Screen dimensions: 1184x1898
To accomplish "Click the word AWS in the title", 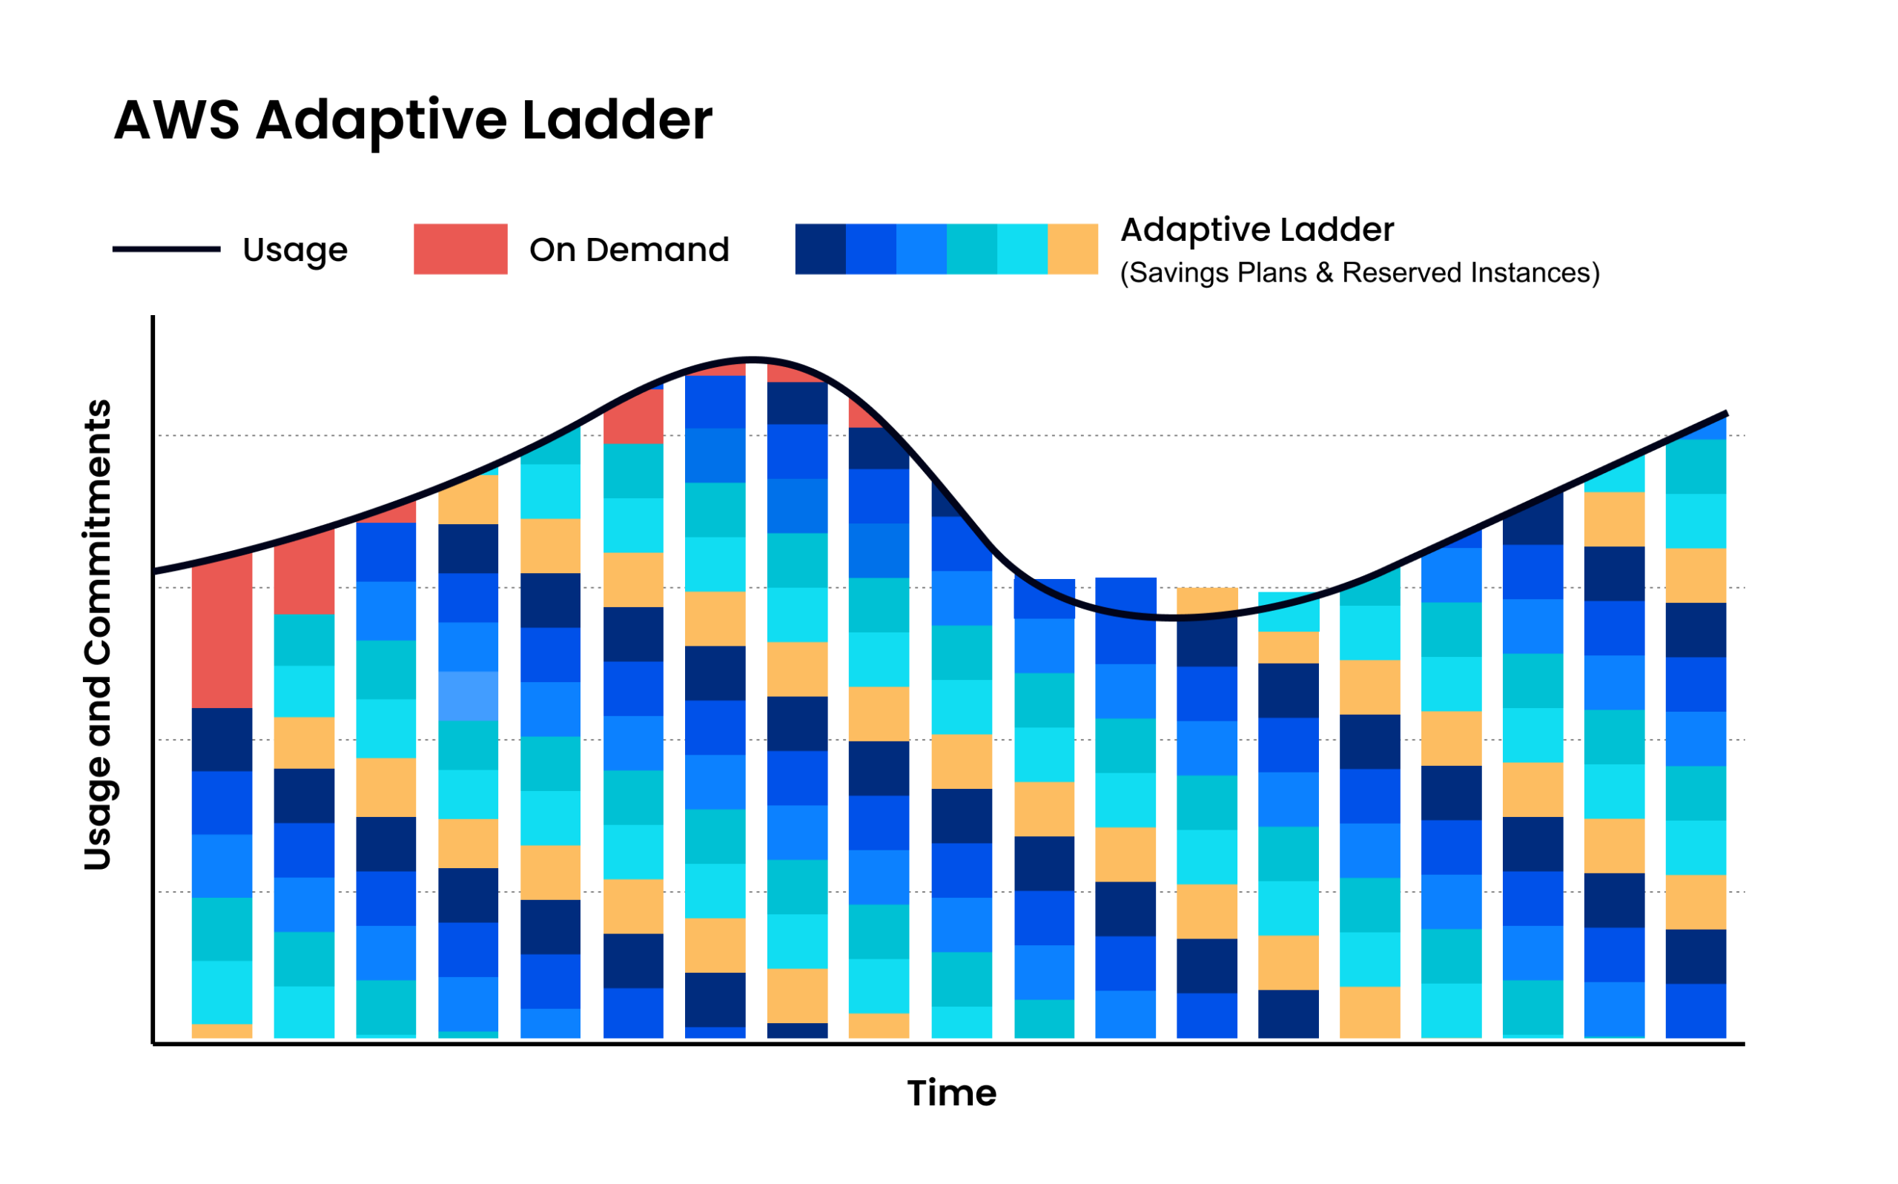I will [176, 121].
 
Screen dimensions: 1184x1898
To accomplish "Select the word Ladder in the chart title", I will [616, 121].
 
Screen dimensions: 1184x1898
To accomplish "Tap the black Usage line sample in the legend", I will [166, 249].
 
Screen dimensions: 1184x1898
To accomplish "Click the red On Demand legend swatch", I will [460, 249].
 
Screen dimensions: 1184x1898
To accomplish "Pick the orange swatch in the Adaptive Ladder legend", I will [1072, 249].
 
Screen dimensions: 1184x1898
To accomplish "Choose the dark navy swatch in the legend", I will [820, 249].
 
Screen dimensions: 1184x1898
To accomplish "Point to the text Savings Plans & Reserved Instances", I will [1359, 273].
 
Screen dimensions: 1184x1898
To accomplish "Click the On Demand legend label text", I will [629, 250].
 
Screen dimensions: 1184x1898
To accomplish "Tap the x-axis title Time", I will [951, 1093].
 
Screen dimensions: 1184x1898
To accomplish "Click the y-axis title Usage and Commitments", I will [98, 635].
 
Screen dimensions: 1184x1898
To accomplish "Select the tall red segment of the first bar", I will [222, 630].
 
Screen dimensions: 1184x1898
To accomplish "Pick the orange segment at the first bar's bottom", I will [222, 1031].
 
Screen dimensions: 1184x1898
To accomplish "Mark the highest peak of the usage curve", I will [753, 360].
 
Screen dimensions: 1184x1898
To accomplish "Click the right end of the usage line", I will [1725, 414].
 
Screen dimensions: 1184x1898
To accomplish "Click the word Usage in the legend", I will [294, 250].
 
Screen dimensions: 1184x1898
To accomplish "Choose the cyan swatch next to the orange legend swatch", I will [1022, 249].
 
